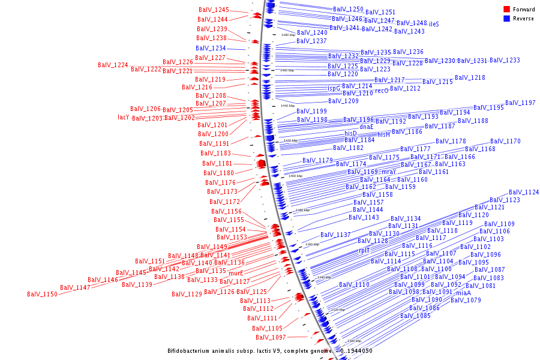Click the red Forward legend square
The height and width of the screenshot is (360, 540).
(x=506, y=9)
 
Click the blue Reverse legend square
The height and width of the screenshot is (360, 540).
(x=506, y=19)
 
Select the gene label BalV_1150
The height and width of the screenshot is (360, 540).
(x=42, y=294)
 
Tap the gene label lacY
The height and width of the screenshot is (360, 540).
(x=124, y=117)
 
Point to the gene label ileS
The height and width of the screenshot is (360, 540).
(x=434, y=24)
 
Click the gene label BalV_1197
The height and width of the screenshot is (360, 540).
(x=520, y=103)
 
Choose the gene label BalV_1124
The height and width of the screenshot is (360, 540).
(x=524, y=192)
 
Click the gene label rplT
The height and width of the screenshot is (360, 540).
(x=364, y=250)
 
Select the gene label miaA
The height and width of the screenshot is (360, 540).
(x=463, y=293)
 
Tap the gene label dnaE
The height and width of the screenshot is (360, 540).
(x=366, y=127)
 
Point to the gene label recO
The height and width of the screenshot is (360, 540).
(x=382, y=91)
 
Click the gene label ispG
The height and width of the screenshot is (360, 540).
(x=334, y=88)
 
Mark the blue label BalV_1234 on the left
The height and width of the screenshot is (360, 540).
(x=211, y=48)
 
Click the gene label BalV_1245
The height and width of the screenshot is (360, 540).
(x=214, y=10)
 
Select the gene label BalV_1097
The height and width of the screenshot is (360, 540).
(x=271, y=337)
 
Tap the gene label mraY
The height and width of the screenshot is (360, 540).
(x=389, y=172)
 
